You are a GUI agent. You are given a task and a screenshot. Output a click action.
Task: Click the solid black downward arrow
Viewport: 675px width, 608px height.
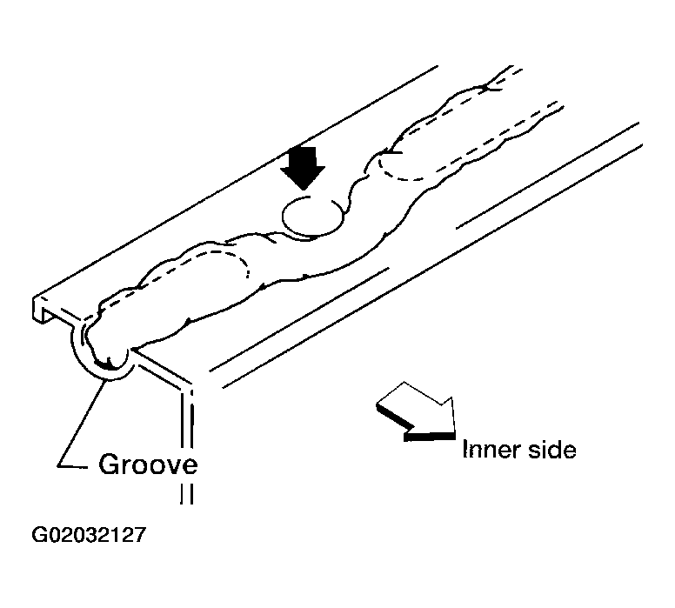(303, 166)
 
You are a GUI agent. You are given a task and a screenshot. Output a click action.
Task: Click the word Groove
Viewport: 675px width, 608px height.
(148, 464)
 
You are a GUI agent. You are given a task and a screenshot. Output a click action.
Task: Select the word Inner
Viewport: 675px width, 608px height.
(489, 450)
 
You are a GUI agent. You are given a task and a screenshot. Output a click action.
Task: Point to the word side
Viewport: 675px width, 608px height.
(551, 450)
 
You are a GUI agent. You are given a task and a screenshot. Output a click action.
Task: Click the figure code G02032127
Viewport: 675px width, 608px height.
(89, 535)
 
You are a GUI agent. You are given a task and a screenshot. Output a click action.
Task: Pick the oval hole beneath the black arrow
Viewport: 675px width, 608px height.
(313, 217)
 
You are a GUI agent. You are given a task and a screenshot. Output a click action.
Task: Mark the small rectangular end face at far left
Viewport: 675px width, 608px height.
(40, 308)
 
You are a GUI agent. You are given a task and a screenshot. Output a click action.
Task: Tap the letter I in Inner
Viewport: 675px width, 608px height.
(464, 449)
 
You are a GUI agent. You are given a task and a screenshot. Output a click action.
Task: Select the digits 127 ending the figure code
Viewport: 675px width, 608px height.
(130, 535)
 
